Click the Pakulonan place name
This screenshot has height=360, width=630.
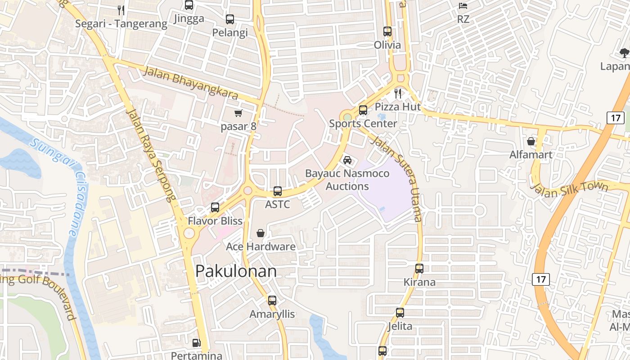click(236, 271)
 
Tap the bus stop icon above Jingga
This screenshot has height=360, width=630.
click(189, 5)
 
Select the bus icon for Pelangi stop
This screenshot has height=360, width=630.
click(230, 19)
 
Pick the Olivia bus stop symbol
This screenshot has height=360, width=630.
click(387, 31)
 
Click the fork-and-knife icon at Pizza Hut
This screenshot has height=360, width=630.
click(398, 94)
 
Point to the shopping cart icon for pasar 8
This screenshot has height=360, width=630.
click(238, 113)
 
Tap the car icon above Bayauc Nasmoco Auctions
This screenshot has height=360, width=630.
click(347, 160)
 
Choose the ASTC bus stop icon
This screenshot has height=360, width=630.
click(278, 191)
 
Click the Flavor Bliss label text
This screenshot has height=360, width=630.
click(215, 221)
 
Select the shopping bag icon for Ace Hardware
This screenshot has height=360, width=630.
click(261, 233)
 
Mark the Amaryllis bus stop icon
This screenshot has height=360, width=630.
click(272, 301)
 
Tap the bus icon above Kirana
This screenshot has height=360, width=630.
click(419, 269)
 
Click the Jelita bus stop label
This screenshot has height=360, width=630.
click(400, 326)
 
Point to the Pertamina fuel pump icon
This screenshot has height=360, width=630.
click(196, 342)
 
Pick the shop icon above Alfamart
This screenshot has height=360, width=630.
click(531, 141)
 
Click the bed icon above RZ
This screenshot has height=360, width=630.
click(463, 6)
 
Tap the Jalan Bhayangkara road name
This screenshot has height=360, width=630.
click(191, 83)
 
